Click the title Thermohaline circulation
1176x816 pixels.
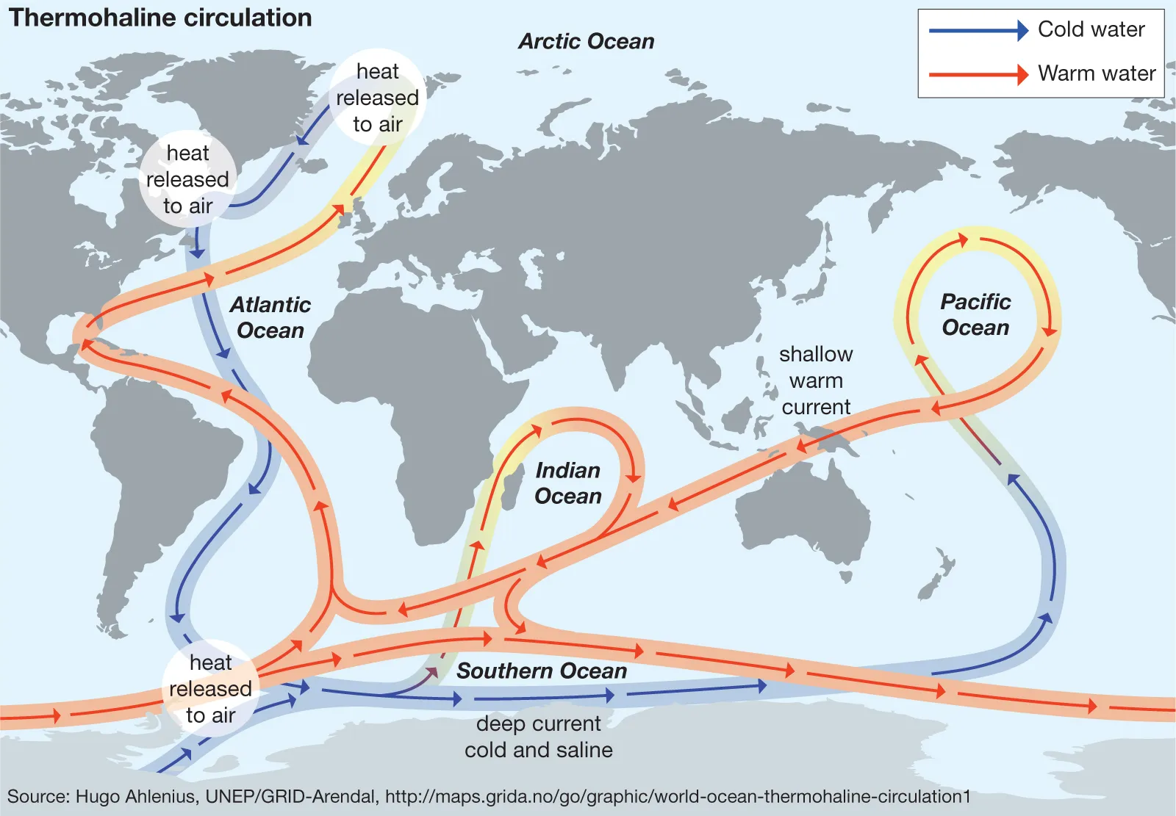pyautogui.click(x=160, y=18)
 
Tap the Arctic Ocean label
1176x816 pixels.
pyautogui.click(x=586, y=41)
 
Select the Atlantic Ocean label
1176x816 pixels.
pyautogui.click(x=270, y=317)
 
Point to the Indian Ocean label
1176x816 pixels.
pyautogui.click(x=567, y=483)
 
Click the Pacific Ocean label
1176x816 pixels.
pyautogui.click(x=975, y=314)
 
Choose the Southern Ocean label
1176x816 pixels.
pyautogui.click(x=542, y=671)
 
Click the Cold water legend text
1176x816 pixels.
pyautogui.click(x=1091, y=29)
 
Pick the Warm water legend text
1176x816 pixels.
pyautogui.click(x=1096, y=73)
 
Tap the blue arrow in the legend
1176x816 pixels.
pyautogui.click(x=978, y=30)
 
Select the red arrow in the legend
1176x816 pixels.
pyautogui.click(x=978, y=74)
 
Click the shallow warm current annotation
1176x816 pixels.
pyautogui.click(x=816, y=380)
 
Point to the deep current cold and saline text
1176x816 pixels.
pyautogui.click(x=538, y=737)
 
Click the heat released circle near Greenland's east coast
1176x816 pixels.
pyautogui.click(x=377, y=98)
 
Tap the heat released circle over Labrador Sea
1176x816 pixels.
pyautogui.click(x=187, y=180)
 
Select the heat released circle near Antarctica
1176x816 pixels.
pyautogui.click(x=210, y=689)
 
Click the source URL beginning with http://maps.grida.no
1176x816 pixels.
pyautogui.click(x=678, y=797)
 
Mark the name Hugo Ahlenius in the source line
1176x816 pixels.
pyautogui.click(x=135, y=797)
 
